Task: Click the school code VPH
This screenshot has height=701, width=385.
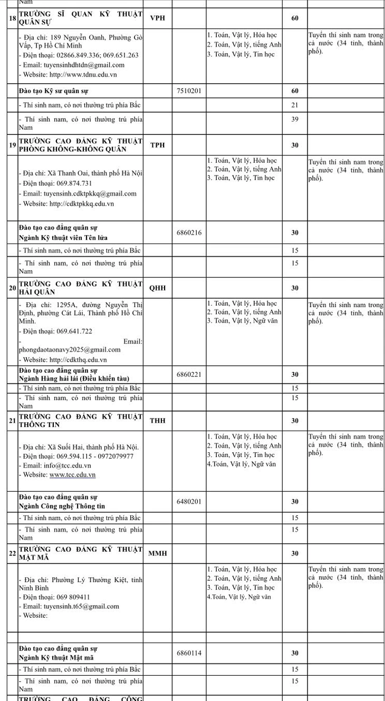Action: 158,18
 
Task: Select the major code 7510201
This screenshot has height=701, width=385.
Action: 189,91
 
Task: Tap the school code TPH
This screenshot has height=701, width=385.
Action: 158,145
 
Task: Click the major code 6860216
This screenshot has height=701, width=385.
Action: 189,232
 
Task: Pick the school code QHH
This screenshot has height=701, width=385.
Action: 158,288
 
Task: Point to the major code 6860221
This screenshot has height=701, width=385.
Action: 189,374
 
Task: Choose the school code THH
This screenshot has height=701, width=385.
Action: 158,421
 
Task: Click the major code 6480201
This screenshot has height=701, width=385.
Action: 189,501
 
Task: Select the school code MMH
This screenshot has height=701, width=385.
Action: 158,553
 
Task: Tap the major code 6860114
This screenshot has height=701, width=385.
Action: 189,653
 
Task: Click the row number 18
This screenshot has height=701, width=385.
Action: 13,18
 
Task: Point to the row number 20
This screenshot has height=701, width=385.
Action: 13,288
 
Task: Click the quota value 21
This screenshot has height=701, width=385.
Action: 295,105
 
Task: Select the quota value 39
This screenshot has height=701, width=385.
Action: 295,119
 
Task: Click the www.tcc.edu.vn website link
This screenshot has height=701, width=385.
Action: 72,475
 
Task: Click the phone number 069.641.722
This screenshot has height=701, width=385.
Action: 72,331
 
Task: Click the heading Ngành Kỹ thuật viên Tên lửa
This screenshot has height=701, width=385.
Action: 63,238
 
